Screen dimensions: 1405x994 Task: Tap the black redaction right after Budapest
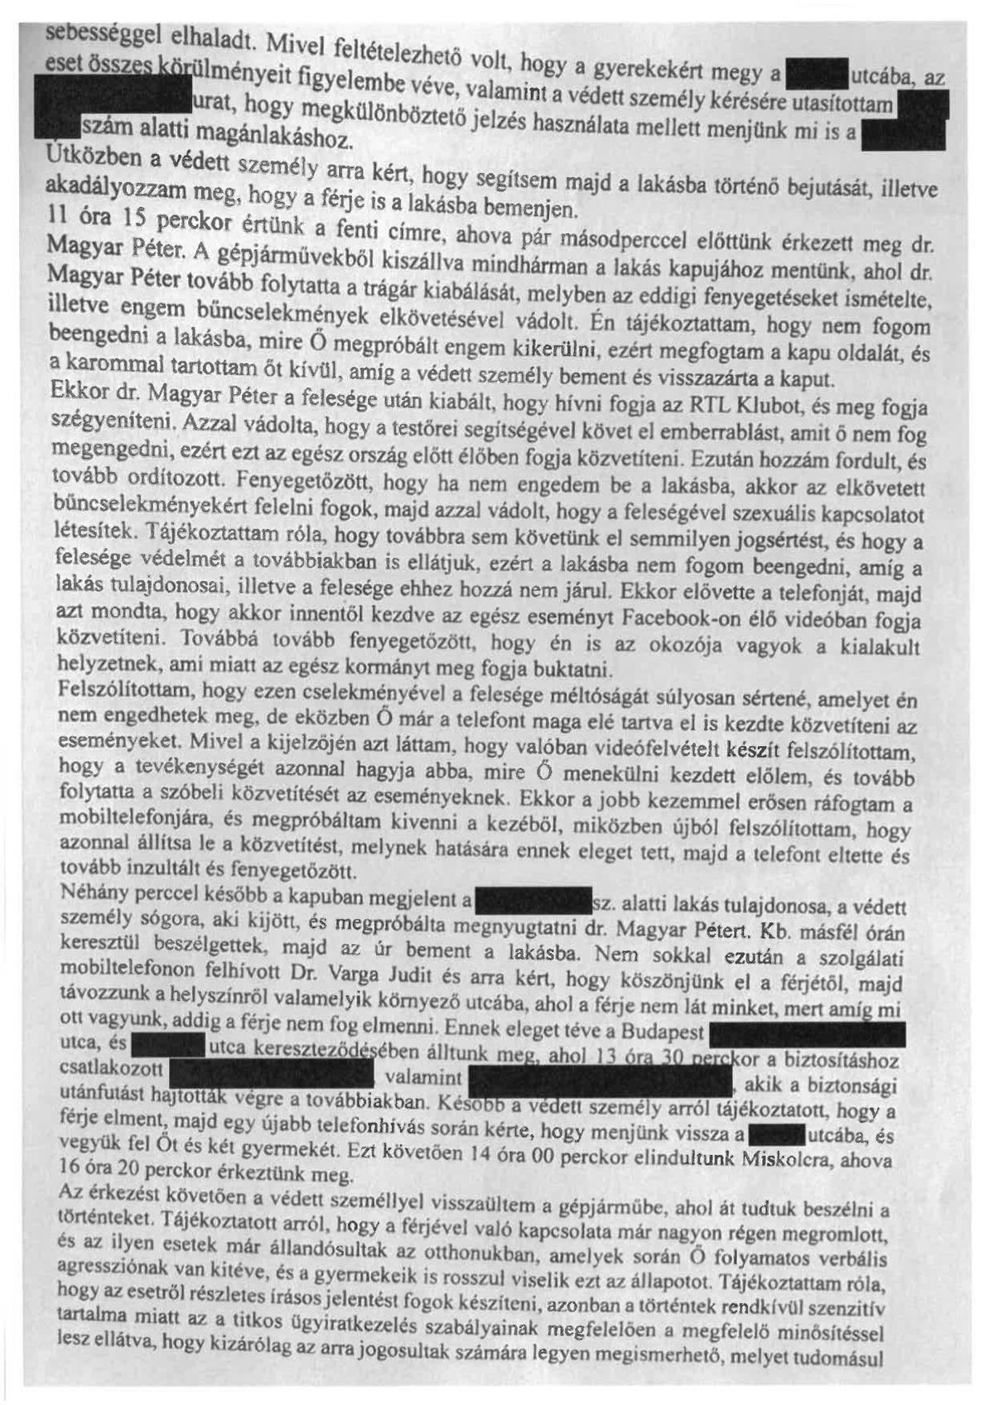pyautogui.click(x=808, y=1034)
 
